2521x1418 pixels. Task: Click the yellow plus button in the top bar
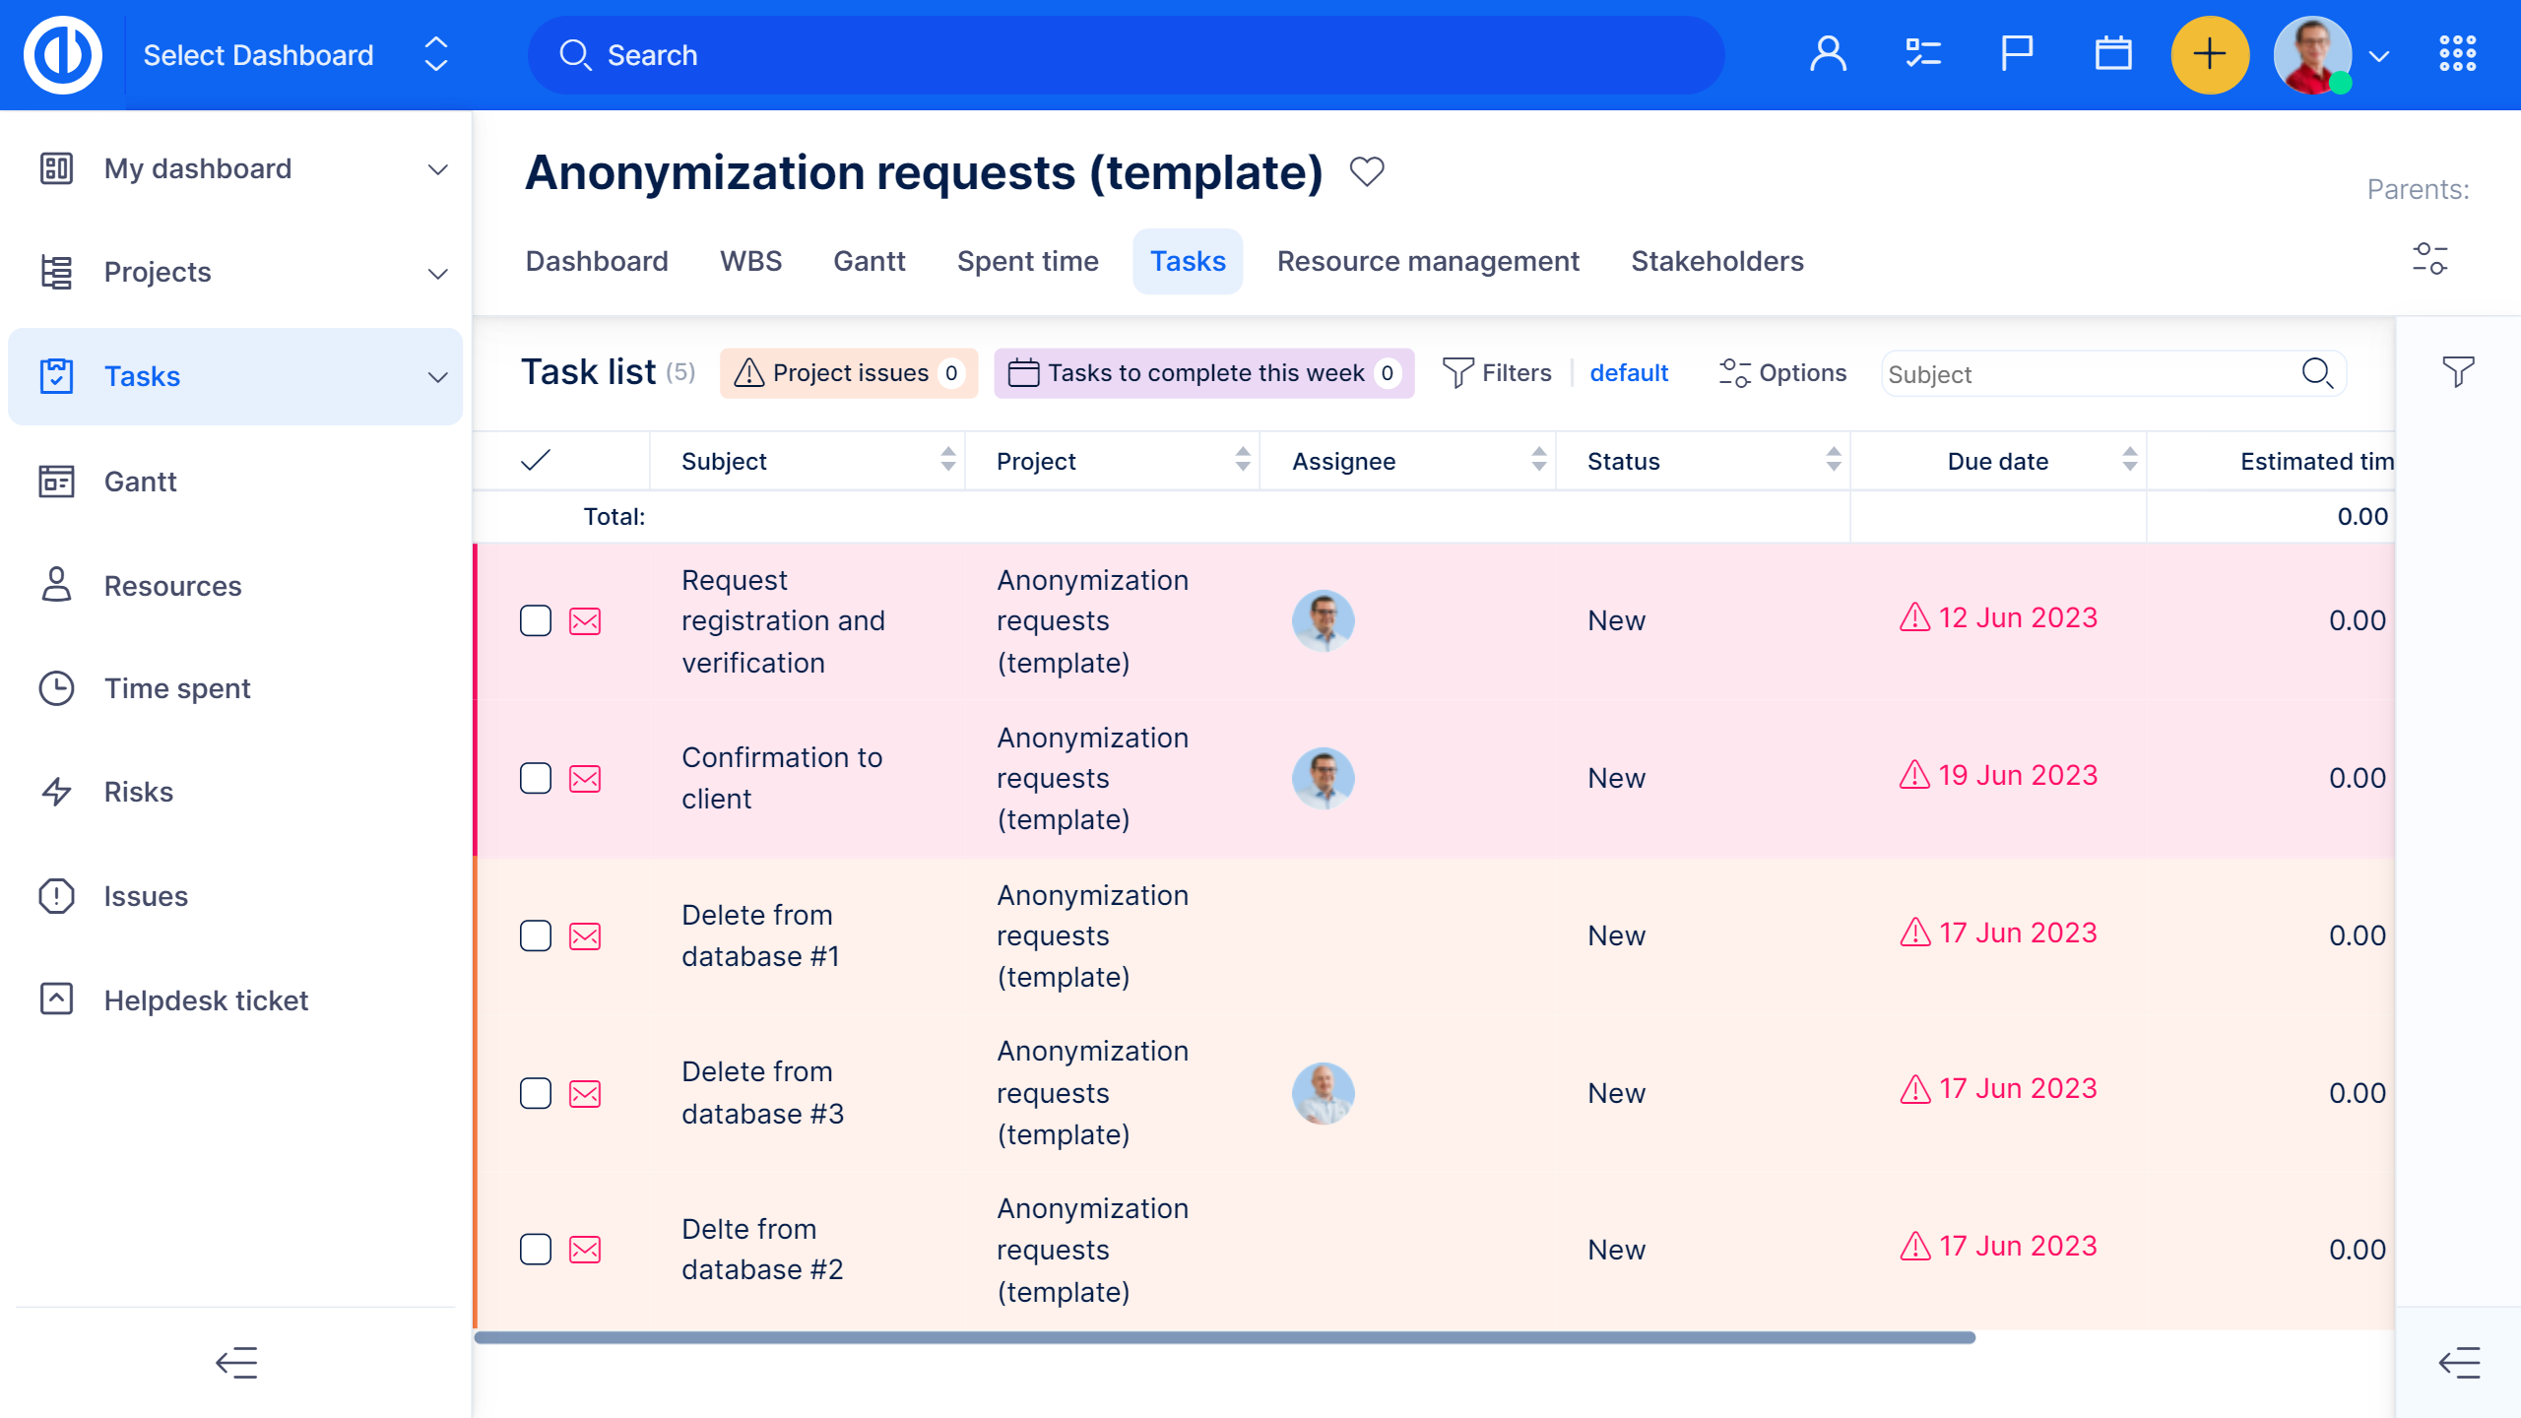(2209, 55)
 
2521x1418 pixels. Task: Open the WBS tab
(750, 261)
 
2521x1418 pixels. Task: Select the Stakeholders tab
(1716, 261)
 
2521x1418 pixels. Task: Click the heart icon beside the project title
(1367, 172)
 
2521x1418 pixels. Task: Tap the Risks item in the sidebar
(138, 792)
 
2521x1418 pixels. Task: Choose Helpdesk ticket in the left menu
(206, 1000)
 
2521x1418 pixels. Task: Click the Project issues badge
(848, 373)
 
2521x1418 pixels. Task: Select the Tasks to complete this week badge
(1203, 373)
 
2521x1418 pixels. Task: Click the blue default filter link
(1629, 373)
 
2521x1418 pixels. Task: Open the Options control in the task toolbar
(1782, 373)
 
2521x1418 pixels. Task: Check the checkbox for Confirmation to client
(536, 779)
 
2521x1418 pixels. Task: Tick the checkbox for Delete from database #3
(536, 1093)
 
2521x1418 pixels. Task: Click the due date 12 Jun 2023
(2017, 617)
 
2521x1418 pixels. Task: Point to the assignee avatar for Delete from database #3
(1323, 1093)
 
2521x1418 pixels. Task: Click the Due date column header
(1997, 461)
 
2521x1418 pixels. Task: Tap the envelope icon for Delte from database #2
(585, 1250)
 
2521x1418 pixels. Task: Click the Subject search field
(2088, 374)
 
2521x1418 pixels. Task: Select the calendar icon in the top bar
(2112, 54)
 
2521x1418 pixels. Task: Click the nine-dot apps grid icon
(2457, 54)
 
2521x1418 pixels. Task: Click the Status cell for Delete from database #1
(1616, 935)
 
